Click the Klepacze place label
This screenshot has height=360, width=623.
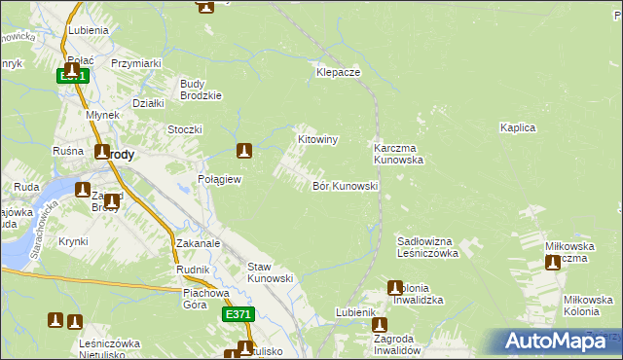point(339,73)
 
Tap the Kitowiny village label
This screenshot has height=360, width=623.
point(317,140)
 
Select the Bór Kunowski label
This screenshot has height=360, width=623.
point(345,186)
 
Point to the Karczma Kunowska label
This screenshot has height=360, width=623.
point(398,154)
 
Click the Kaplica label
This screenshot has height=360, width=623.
point(519,127)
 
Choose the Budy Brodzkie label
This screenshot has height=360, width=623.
point(202,90)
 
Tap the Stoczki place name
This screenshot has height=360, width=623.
point(184,129)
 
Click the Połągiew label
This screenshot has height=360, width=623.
point(219,180)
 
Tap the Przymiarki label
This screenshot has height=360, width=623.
point(135,63)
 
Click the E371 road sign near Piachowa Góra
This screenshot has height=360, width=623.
point(238,314)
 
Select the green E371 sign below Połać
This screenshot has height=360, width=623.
point(73,75)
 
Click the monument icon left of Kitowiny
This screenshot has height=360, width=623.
point(245,151)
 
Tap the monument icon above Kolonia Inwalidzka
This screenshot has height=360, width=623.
point(395,288)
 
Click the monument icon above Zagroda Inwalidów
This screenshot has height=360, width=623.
point(380,326)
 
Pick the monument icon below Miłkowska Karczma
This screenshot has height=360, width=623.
point(554,262)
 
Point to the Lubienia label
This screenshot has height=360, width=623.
point(89,30)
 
